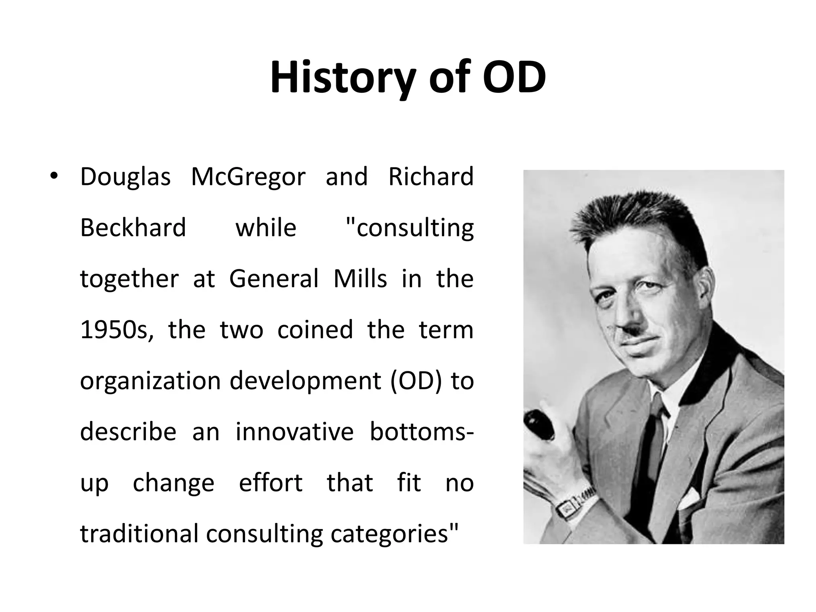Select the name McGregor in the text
tap(248, 177)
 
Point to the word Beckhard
tap(133, 228)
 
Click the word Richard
tap(431, 177)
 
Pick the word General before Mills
tap(274, 279)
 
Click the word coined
tap(315, 330)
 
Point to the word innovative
tap(294, 432)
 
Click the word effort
tap(271, 483)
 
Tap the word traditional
tap(139, 534)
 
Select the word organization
tap(150, 381)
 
